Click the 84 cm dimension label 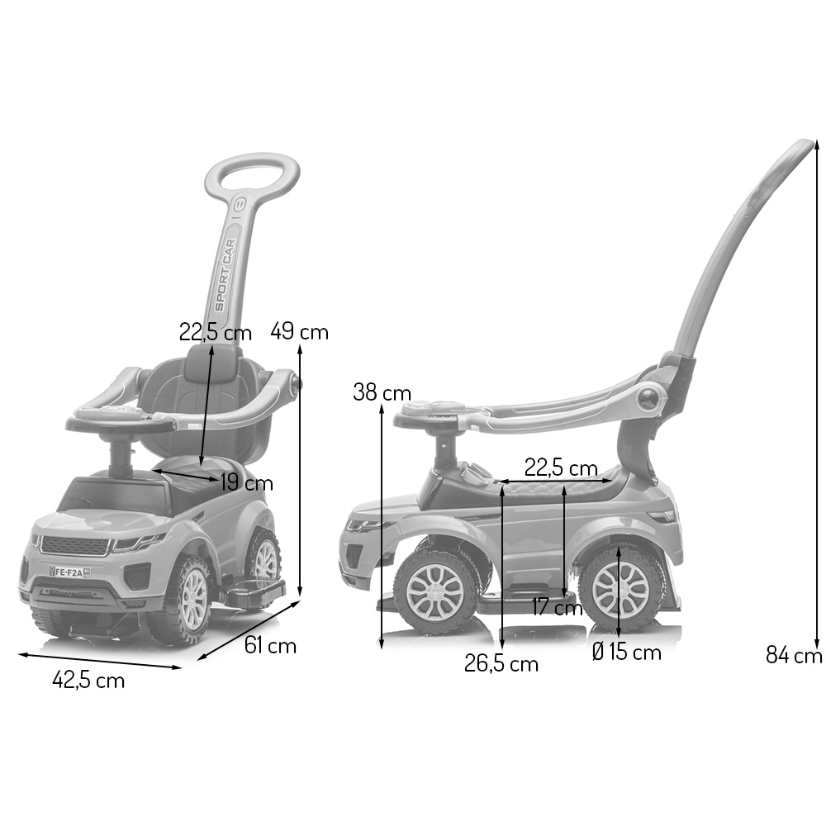pos(794,655)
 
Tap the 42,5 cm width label pos(88,680)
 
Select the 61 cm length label pos(270,645)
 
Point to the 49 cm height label pos(299,332)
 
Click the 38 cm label pos(382,392)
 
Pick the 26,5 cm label pos(501,664)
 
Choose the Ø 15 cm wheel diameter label pos(626,653)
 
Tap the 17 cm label pos(557,607)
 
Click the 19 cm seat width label pos(246,483)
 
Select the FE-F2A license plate pos(69,572)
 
